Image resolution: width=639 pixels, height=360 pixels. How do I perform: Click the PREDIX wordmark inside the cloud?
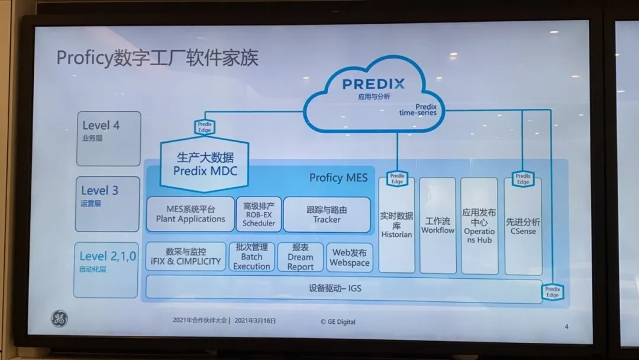click(x=373, y=84)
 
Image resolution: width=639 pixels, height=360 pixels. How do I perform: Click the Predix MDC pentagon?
click(x=204, y=164)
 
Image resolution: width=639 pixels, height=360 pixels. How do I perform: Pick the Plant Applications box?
click(x=190, y=214)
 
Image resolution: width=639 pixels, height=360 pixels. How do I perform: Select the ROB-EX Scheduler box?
click(x=259, y=214)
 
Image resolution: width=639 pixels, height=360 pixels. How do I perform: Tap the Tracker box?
click(x=327, y=214)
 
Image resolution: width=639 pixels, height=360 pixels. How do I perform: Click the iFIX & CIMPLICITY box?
click(x=185, y=256)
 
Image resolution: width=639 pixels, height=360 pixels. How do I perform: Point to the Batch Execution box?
click(x=251, y=256)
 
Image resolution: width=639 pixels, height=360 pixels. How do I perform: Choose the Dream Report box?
click(x=301, y=257)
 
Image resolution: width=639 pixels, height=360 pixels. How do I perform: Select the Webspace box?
click(x=350, y=257)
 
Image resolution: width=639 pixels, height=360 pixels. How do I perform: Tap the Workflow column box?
click(x=438, y=226)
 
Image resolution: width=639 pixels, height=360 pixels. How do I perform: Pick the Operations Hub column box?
click(x=479, y=226)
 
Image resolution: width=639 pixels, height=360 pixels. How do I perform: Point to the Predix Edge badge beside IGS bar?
click(x=552, y=291)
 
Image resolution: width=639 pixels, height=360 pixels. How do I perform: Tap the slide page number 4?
click(x=566, y=326)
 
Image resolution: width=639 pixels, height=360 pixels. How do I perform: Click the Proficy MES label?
click(x=338, y=178)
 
